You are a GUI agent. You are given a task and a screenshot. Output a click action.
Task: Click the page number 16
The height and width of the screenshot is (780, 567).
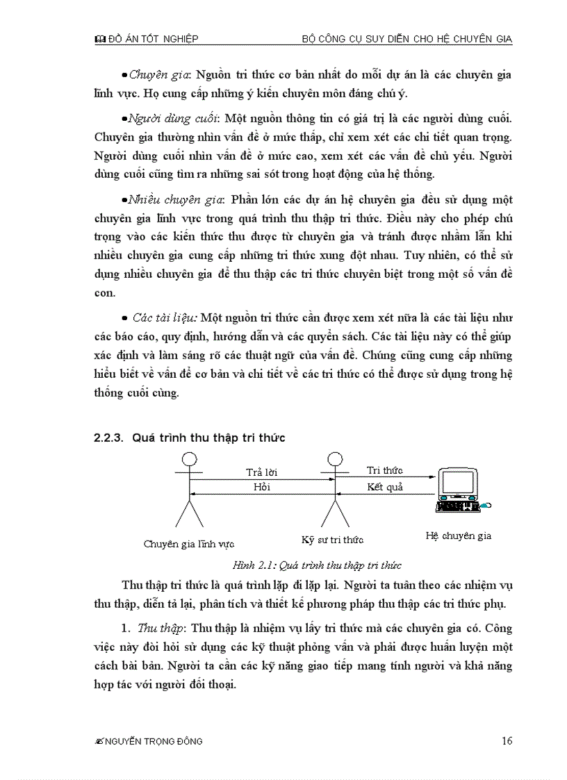pos(507,740)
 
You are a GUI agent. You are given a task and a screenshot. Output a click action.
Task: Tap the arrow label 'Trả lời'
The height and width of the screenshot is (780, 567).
pos(262,472)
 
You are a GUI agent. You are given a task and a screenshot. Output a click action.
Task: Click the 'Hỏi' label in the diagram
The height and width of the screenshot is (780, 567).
pos(262,487)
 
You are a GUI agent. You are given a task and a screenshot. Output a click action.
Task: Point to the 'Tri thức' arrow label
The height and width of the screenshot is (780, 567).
pos(384,470)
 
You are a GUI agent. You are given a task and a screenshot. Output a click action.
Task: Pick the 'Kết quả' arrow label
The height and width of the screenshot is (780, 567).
pos(384,486)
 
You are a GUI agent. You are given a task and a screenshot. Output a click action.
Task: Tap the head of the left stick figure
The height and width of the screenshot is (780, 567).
pos(188,459)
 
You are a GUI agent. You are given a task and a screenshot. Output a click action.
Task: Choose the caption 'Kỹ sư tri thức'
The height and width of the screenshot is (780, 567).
pos(332,539)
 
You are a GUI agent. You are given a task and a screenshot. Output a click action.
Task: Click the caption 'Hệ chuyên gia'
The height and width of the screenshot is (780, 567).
pos(458,536)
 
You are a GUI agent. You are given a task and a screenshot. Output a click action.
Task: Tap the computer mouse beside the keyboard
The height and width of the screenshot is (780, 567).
pos(486,505)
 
